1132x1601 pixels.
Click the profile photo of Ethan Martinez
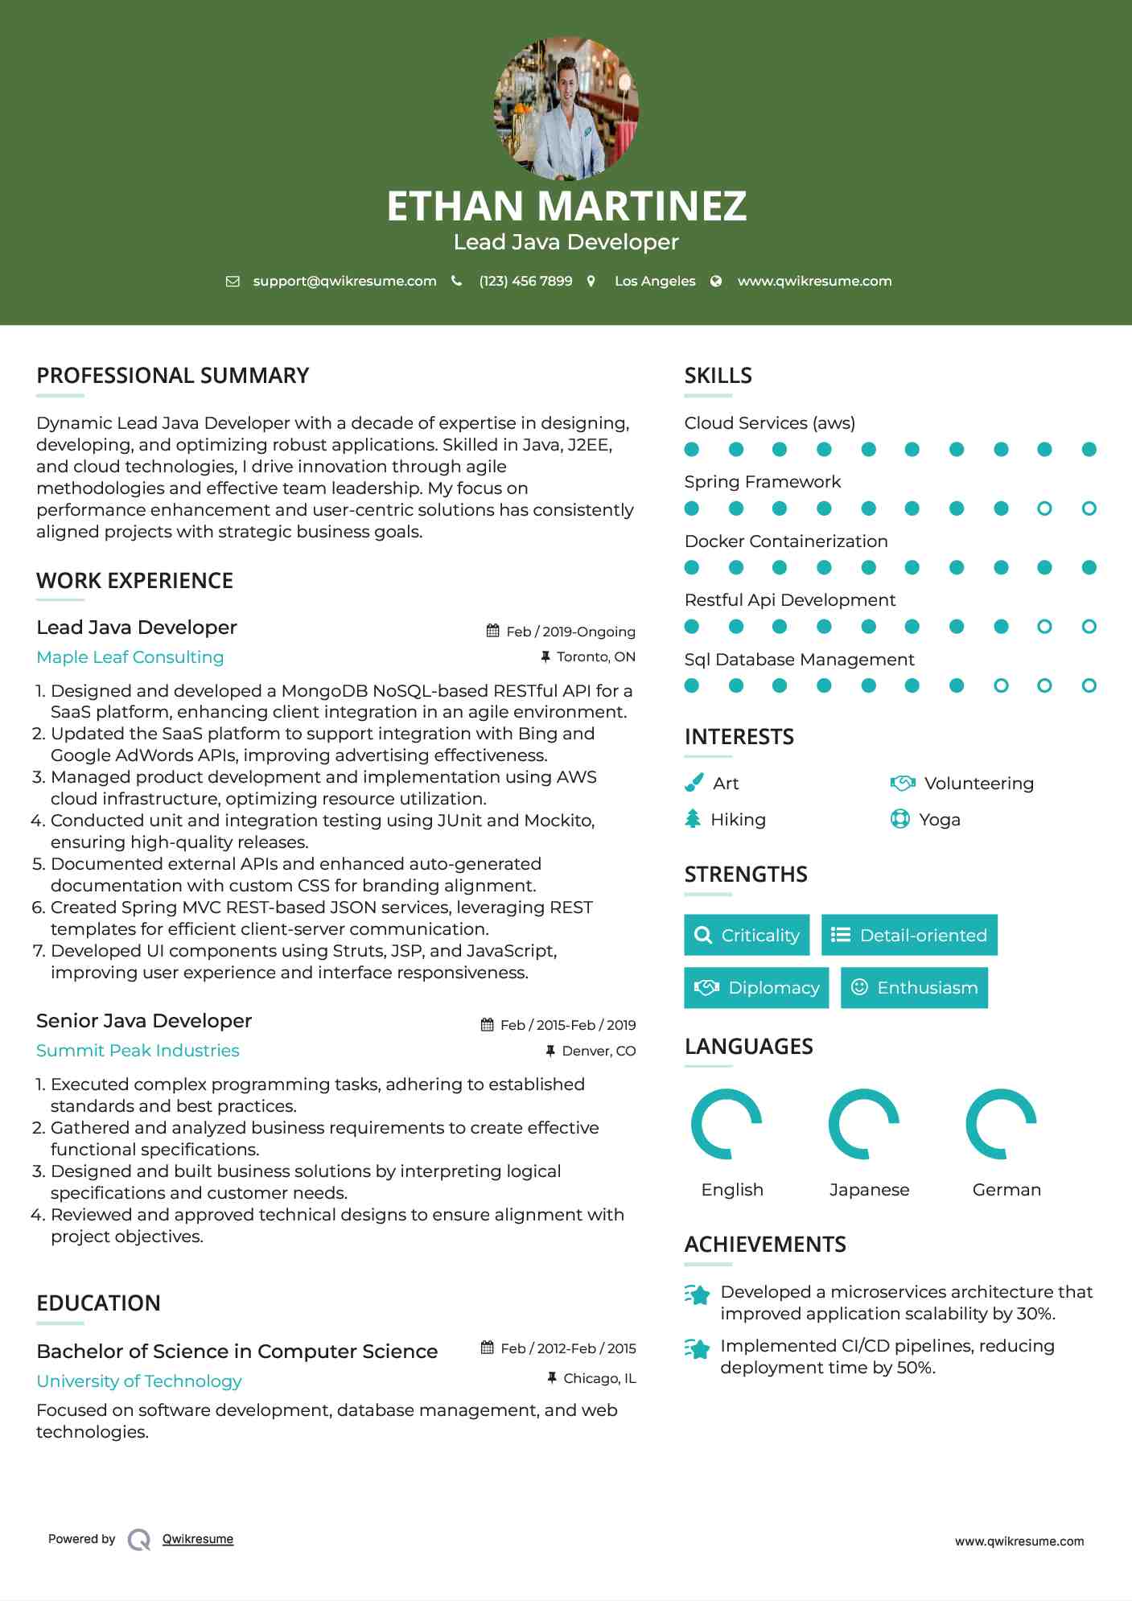(566, 108)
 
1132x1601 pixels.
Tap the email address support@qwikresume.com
(344, 281)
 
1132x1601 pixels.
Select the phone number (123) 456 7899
(525, 281)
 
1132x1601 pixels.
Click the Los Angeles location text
(654, 281)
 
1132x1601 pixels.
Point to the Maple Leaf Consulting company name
(130, 657)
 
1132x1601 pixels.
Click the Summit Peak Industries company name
(138, 1051)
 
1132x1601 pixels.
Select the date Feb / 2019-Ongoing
(570, 632)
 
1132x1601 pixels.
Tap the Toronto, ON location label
(595, 656)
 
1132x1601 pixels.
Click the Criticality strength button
(747, 935)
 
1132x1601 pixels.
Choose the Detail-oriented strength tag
(909, 935)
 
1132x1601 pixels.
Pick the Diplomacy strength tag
(756, 988)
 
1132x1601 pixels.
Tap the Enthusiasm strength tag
(914, 988)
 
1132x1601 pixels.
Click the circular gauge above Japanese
(864, 1124)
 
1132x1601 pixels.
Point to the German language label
(1006, 1190)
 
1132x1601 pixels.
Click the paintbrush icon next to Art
(694, 783)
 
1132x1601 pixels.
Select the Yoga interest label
(939, 820)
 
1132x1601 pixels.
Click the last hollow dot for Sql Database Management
(1089, 685)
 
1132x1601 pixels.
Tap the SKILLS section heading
(718, 376)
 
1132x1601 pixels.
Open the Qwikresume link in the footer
(198, 1539)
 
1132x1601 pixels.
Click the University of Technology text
(139, 1381)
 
